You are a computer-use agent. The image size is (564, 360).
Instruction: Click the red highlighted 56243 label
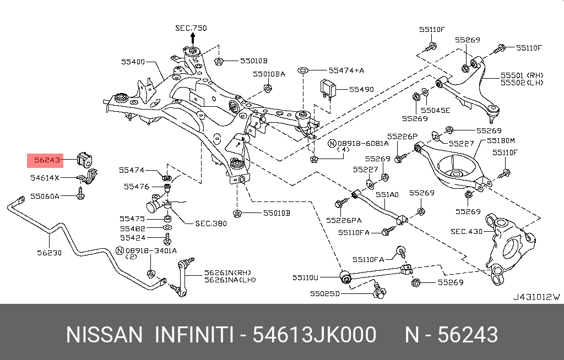point(46,161)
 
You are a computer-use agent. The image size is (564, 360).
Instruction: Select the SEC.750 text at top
point(191,28)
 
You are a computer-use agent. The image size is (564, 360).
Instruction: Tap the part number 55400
point(133,62)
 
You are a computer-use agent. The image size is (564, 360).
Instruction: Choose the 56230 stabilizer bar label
point(49,253)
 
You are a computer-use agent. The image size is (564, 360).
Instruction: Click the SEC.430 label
point(466,232)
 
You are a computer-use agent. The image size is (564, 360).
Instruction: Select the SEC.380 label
point(211,223)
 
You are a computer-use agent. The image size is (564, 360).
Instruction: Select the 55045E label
point(437,110)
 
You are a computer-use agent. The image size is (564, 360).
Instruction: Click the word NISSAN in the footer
point(104,334)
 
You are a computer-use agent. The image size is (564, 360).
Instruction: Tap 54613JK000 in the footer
point(314,334)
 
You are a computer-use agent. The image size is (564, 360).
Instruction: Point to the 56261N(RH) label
point(226,272)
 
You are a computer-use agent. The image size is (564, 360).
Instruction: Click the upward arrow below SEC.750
point(193,38)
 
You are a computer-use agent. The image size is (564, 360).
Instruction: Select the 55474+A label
point(346,70)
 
